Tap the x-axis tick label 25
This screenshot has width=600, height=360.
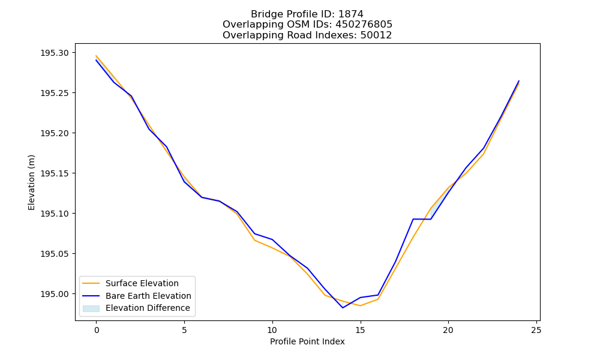click(x=536, y=330)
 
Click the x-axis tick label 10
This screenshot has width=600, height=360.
click(x=272, y=330)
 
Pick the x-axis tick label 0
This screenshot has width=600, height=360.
click(x=97, y=330)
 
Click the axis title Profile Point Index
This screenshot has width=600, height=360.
click(x=307, y=341)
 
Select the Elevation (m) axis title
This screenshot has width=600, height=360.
click(x=31, y=182)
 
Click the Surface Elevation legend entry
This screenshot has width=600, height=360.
click(x=142, y=283)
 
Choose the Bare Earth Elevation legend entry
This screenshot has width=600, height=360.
click(x=148, y=296)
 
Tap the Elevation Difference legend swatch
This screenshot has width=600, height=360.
click(x=91, y=308)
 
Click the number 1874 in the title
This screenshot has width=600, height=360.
click(x=351, y=14)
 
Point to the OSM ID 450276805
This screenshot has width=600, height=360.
click(x=364, y=25)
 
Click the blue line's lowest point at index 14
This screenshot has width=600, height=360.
click(x=343, y=308)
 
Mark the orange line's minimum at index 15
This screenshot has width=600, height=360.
click(x=360, y=305)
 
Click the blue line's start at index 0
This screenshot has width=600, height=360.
click(x=96, y=60)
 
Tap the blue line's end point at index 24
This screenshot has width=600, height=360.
click(x=519, y=81)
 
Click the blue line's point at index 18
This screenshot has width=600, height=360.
click(x=413, y=219)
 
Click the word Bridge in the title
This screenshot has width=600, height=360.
click(x=263, y=14)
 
